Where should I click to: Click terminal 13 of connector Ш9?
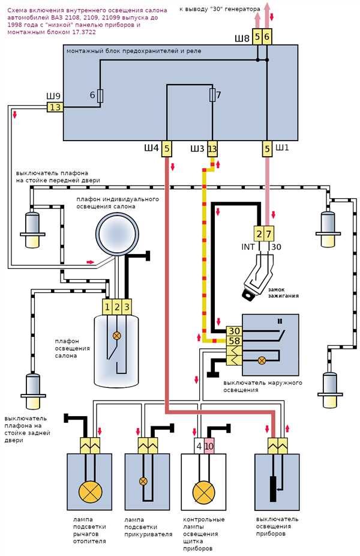click(x=55, y=107)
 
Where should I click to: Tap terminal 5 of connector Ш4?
click(x=167, y=148)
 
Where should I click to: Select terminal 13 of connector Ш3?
click(x=212, y=149)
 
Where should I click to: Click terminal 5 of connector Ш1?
click(x=267, y=148)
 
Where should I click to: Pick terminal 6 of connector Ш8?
click(x=267, y=37)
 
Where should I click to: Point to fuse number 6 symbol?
click(x=100, y=95)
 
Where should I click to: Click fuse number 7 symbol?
click(x=212, y=95)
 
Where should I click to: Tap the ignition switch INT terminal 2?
click(x=259, y=234)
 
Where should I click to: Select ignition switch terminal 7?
click(x=269, y=234)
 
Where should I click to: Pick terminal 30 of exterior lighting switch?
click(x=234, y=331)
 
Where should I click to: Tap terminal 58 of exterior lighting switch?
click(x=234, y=341)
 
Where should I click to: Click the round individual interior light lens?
click(x=116, y=234)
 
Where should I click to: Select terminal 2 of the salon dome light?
click(x=117, y=307)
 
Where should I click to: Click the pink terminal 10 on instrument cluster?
click(x=209, y=446)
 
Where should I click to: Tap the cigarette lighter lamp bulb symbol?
click(x=143, y=481)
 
